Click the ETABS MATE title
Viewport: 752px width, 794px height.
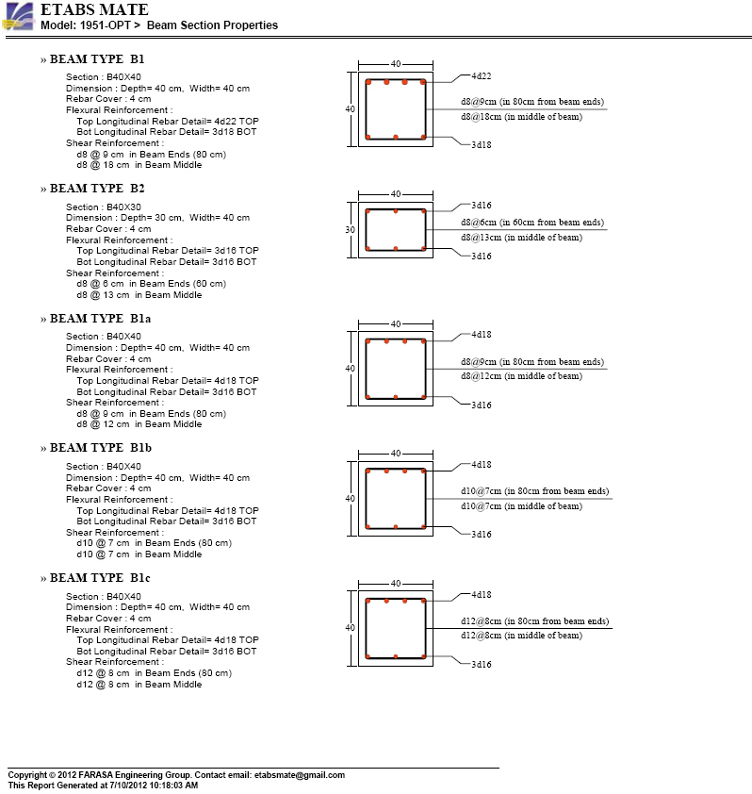94,10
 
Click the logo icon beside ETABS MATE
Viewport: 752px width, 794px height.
19,17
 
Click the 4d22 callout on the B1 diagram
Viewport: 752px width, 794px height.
481,74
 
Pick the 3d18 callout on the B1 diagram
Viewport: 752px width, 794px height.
481,145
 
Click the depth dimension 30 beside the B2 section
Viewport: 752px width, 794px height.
351,229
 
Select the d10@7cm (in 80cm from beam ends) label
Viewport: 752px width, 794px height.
534,491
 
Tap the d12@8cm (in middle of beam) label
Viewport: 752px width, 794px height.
521,636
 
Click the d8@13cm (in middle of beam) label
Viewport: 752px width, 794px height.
521,238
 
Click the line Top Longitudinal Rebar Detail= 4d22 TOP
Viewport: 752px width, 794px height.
168,122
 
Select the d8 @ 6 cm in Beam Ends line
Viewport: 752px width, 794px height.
151,284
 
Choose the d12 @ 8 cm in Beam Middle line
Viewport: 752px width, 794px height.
139,685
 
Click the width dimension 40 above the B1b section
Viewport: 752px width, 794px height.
395,454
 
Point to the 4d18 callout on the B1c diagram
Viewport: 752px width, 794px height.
481,595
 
